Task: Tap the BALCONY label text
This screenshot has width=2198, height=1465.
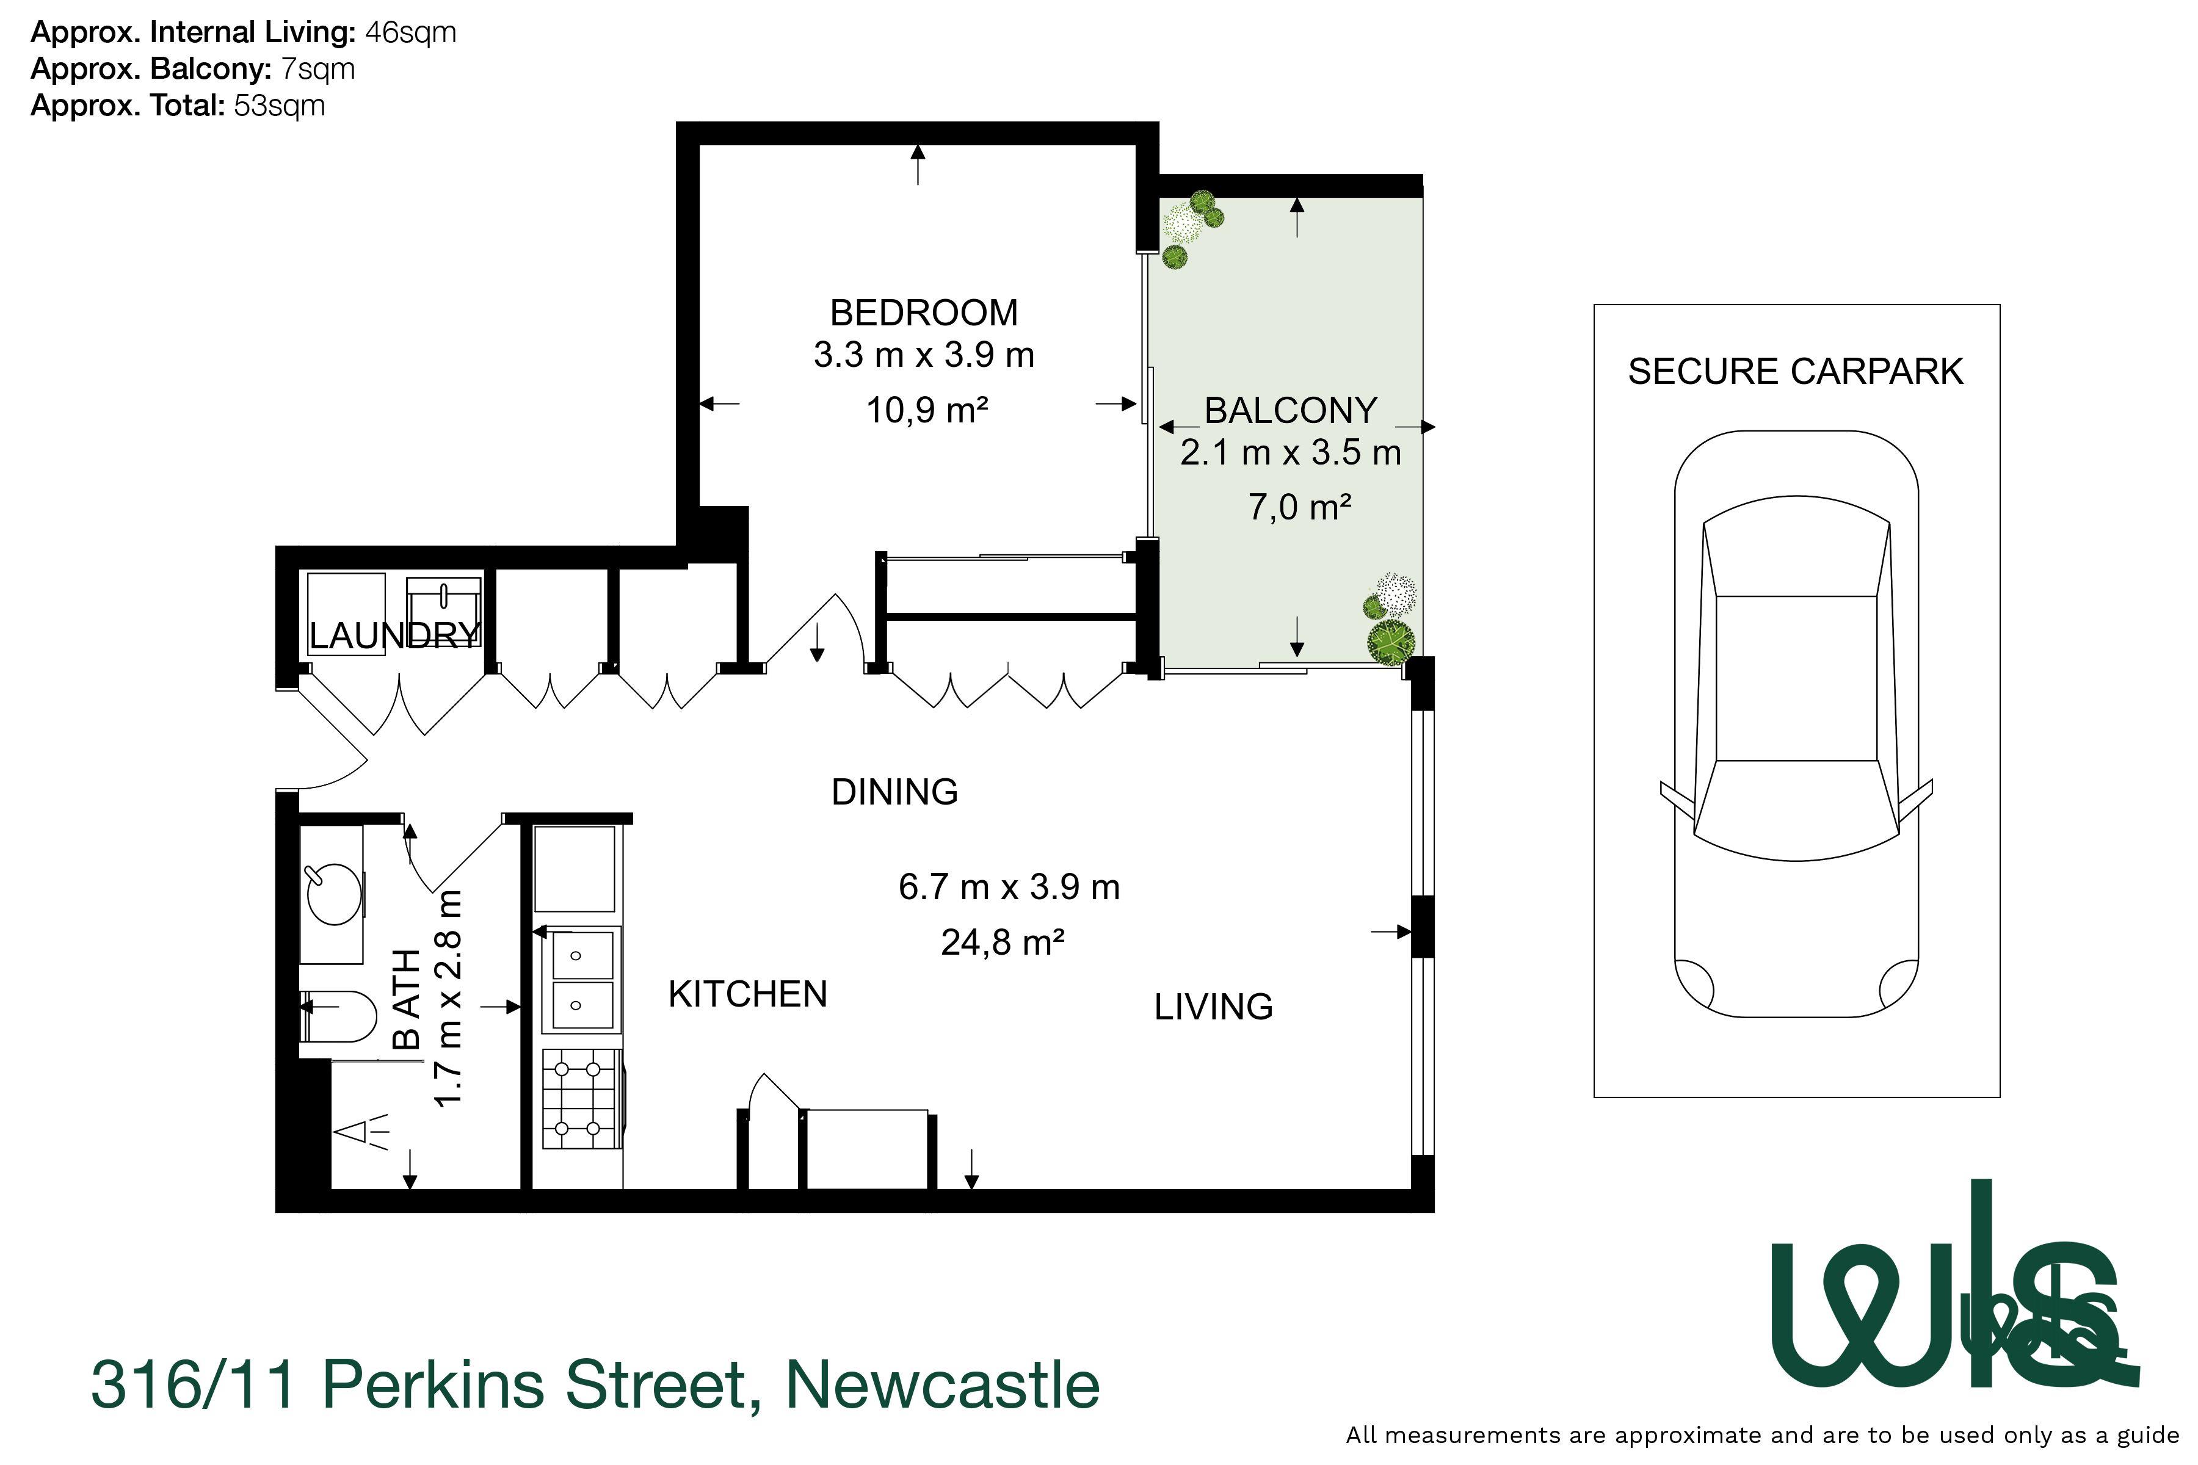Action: tap(1291, 411)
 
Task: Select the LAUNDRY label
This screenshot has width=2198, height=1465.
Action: tap(394, 636)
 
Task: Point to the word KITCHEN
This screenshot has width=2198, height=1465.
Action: tap(747, 994)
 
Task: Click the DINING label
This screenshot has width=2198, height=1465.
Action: tap(894, 792)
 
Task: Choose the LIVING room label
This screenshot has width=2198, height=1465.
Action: tap(1213, 1007)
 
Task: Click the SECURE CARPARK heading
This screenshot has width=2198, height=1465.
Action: tap(1795, 372)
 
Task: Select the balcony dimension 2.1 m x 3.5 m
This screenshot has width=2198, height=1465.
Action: tap(1291, 453)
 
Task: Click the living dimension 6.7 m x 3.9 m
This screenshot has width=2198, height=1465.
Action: tap(1009, 888)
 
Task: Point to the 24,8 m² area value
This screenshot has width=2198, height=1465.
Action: tap(1003, 942)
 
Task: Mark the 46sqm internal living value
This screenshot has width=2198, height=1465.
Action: tap(410, 33)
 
